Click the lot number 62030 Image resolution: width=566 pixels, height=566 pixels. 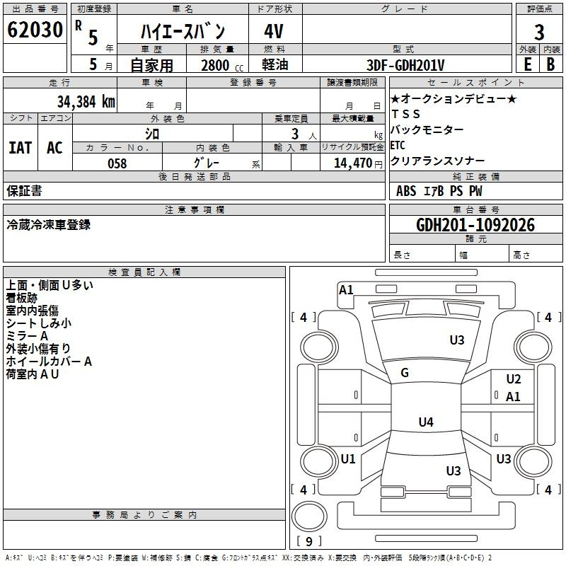[x=34, y=30]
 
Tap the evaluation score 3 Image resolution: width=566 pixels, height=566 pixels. [x=539, y=32]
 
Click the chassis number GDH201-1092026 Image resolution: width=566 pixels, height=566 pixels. [x=475, y=225]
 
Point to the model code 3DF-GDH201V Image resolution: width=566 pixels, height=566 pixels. [x=407, y=65]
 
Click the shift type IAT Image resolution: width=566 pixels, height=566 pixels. [x=20, y=148]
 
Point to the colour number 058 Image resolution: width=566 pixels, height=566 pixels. [x=117, y=163]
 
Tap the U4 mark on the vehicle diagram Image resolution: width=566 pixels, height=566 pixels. [x=425, y=422]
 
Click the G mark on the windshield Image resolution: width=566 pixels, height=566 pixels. [x=405, y=373]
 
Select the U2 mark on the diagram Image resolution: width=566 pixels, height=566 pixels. [x=514, y=379]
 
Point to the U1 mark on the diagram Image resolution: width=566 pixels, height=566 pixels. [x=348, y=459]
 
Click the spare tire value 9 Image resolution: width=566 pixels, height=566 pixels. [x=309, y=542]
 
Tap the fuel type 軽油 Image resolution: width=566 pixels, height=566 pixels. [x=275, y=65]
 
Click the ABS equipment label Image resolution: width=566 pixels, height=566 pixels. [x=406, y=191]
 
